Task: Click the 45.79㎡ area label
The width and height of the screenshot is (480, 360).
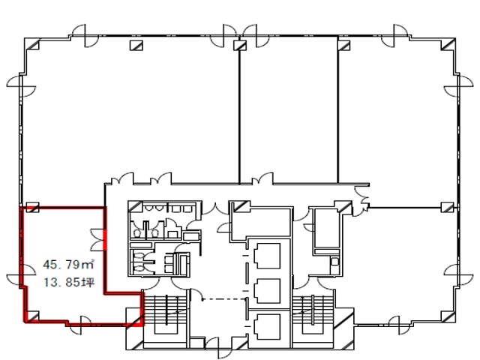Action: click(x=68, y=264)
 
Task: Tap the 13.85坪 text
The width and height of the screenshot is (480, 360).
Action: click(x=69, y=282)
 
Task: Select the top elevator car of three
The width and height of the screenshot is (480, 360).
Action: click(x=267, y=256)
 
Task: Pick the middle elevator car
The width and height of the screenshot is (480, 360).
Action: click(x=267, y=291)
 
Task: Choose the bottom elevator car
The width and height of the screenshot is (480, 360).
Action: click(x=267, y=327)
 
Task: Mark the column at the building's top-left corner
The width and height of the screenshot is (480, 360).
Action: click(x=32, y=44)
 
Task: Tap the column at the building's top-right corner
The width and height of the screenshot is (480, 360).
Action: click(x=448, y=44)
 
